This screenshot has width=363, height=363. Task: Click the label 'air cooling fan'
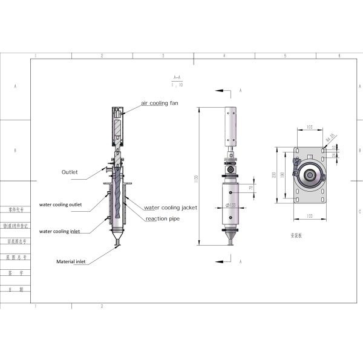(x=161, y=103)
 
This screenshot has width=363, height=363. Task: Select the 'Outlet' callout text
(x=70, y=172)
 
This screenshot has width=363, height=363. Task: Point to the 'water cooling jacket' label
(x=171, y=208)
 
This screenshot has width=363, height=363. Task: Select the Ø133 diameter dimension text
(x=231, y=206)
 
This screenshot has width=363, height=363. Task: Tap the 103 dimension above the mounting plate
(x=309, y=128)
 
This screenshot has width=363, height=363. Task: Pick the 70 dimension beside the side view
(x=251, y=188)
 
